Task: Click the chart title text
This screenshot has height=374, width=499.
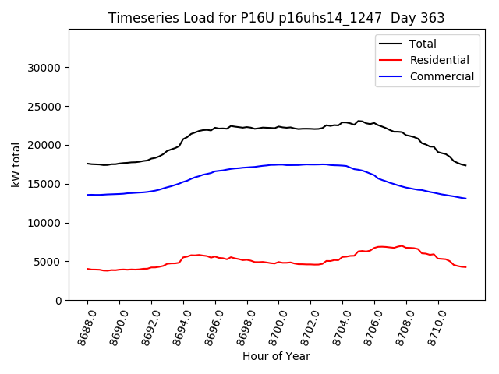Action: tap(276, 18)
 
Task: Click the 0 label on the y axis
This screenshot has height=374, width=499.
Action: tap(58, 301)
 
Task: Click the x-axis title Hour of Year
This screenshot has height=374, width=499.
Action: tap(276, 357)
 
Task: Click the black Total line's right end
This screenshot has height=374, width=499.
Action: tap(466, 165)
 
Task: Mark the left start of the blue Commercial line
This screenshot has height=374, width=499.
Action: tap(87, 195)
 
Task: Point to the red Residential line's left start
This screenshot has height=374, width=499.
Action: tap(87, 269)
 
